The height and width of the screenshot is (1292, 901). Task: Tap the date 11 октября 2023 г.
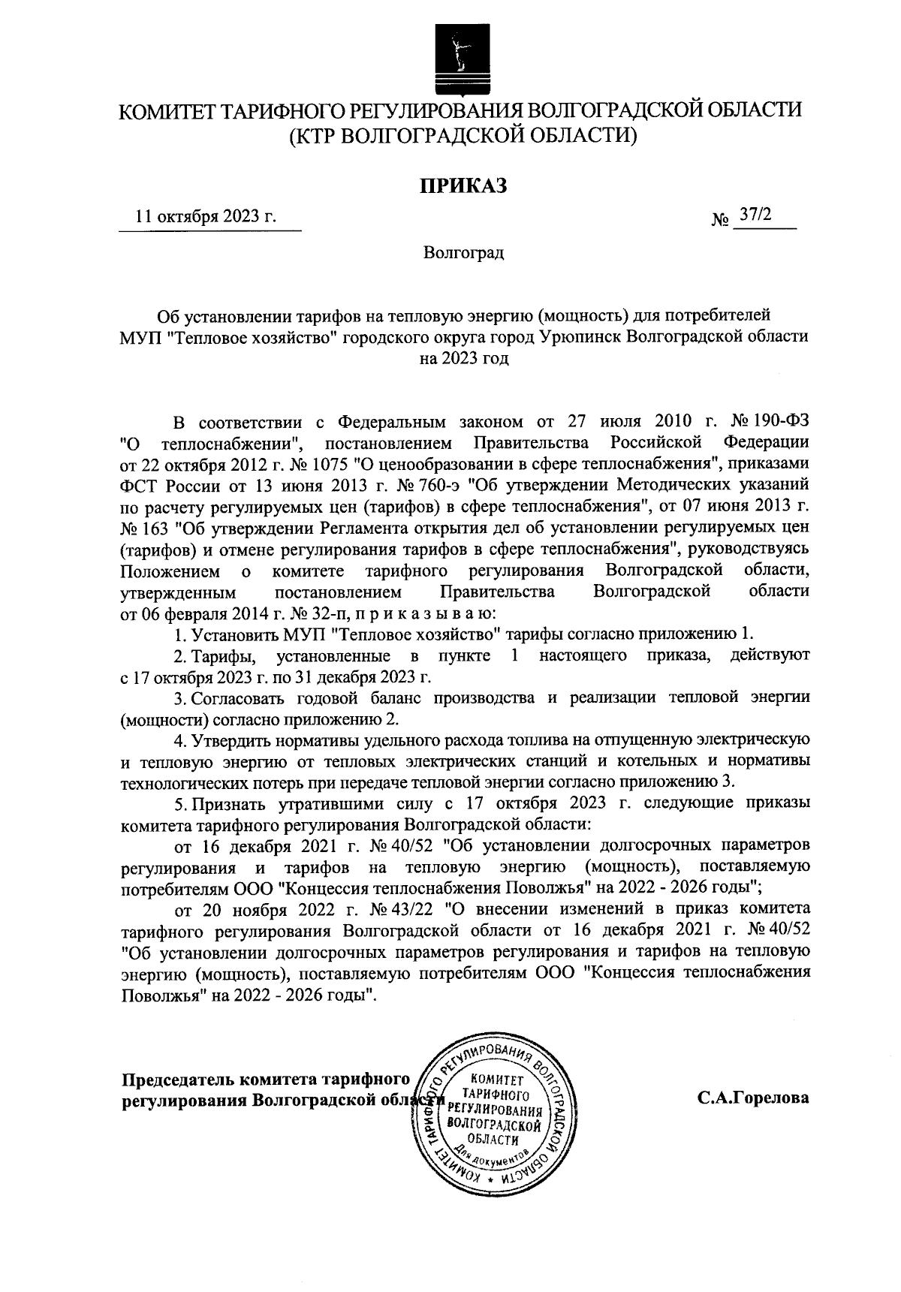click(206, 218)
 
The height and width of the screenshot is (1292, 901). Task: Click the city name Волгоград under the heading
click(463, 252)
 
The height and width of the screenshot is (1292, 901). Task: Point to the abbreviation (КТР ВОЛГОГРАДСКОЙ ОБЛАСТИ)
click(463, 135)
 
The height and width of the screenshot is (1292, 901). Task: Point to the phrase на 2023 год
click(463, 358)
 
